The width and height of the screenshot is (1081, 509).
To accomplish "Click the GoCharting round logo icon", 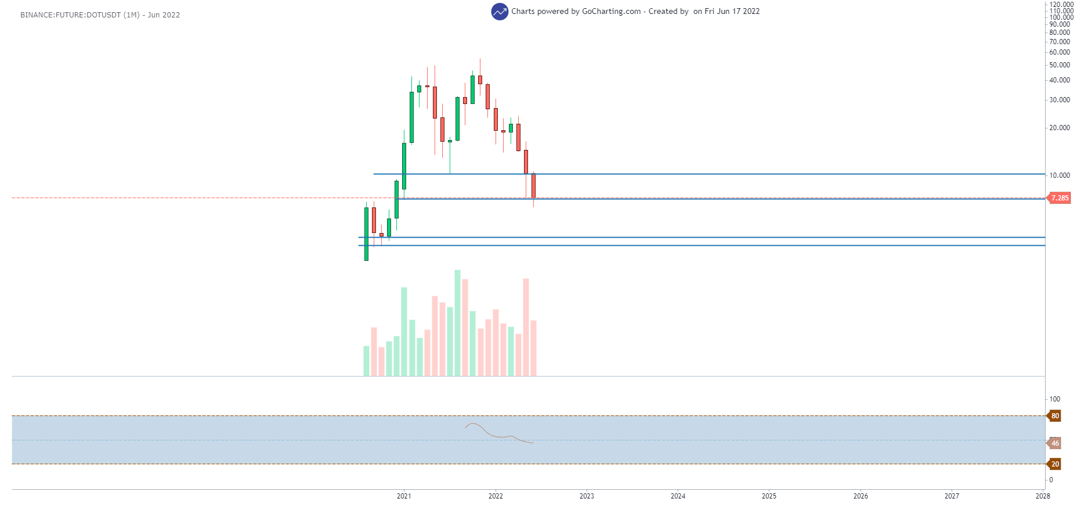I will point(499,12).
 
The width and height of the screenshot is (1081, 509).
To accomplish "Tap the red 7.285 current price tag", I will point(1060,198).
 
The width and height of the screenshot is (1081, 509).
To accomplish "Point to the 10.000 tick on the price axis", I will point(1060,175).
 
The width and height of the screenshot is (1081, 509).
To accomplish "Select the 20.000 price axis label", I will point(1060,128).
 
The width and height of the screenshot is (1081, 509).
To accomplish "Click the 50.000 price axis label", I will point(1060,65).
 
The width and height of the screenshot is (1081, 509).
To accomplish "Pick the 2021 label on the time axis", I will point(404,496).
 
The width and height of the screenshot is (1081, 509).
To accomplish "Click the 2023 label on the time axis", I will point(587,496).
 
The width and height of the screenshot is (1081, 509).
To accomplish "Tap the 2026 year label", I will point(861,496).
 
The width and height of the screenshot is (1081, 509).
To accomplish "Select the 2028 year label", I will point(1043,496).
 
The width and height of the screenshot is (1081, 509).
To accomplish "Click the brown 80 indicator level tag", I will point(1055,416).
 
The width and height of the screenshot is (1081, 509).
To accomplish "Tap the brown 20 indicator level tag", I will point(1055,464).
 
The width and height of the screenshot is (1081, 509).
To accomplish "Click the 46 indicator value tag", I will point(1055,443).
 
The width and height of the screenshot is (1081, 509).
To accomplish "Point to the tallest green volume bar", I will point(457,323).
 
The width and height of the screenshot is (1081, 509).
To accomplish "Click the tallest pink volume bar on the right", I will point(526,327).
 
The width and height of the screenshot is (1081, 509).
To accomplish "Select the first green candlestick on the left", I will point(366,234).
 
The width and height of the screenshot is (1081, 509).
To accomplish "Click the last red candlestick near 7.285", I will point(533,186).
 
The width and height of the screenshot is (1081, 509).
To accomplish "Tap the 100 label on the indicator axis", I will point(1055,399).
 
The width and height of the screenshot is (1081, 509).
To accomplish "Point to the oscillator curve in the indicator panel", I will point(493,435).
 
